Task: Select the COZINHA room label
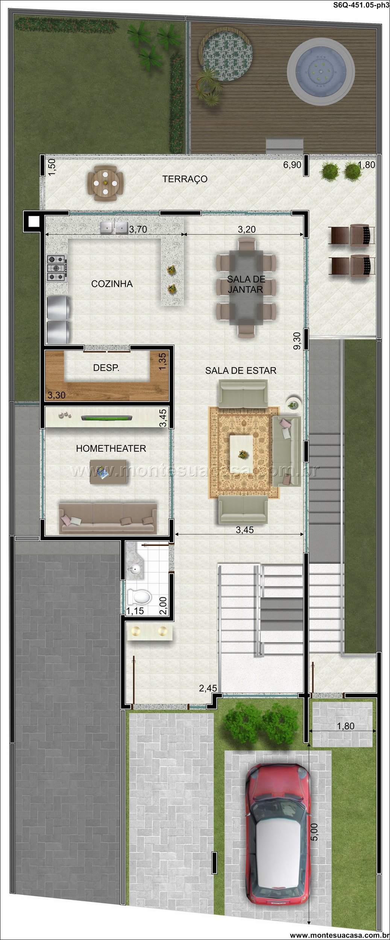[112, 284]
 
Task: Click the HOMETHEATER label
[111, 448]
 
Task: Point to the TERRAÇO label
[185, 179]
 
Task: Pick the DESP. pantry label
[106, 368]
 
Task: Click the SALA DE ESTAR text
[241, 370]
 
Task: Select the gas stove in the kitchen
[56, 268]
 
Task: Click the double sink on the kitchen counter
[114, 227]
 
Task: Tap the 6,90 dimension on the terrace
[292, 165]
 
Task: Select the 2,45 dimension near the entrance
[208, 688]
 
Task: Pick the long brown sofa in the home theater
[108, 518]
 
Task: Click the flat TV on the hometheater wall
[106, 418]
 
